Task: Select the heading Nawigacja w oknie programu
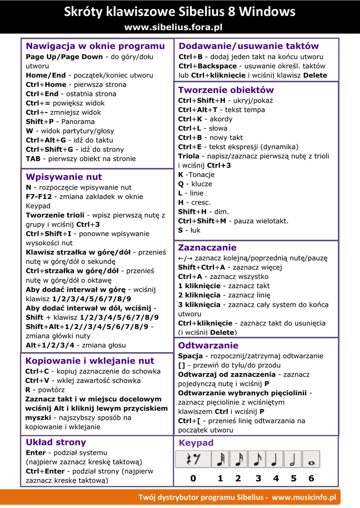point(95,46)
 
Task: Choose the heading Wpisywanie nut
point(64,177)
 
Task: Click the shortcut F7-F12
point(39,197)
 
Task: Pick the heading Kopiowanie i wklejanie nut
point(89,361)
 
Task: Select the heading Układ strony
point(56,442)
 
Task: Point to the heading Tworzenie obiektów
point(226,90)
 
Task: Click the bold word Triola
point(189,156)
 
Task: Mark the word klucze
point(202,184)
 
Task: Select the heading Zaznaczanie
point(207,248)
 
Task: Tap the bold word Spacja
point(190,356)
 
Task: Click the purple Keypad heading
point(196,443)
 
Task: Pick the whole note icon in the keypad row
point(311,459)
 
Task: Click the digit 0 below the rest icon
point(193,479)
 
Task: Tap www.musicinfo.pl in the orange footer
point(304,497)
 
